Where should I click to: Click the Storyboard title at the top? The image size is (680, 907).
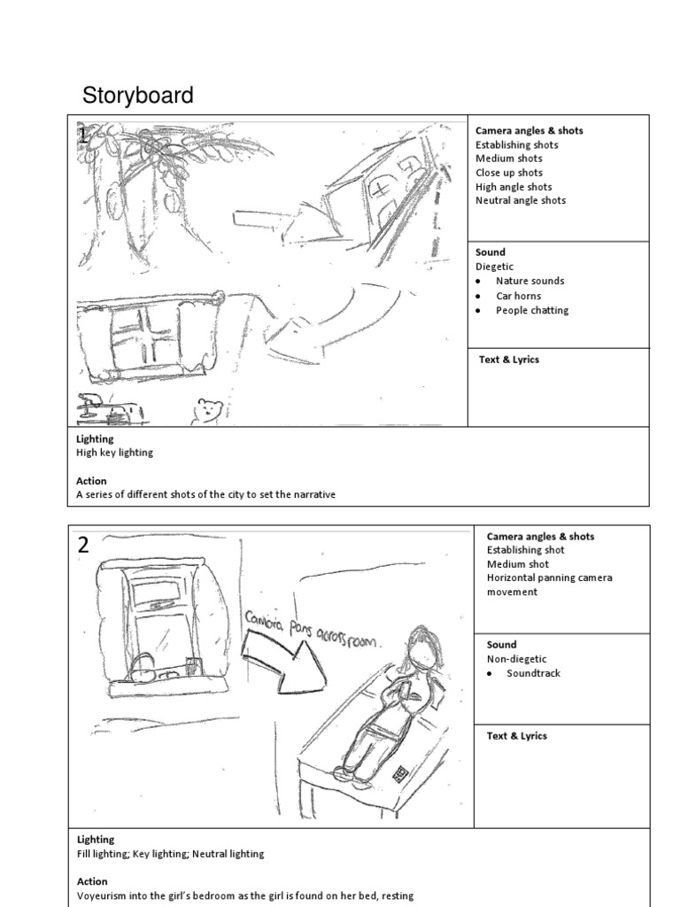coord(137,96)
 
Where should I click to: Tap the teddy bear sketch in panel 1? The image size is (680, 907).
coord(208,411)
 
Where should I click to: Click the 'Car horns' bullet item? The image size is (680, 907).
coord(518,296)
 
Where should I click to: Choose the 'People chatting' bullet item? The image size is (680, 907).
coord(532,310)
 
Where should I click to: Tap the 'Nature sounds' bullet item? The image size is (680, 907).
coord(529,281)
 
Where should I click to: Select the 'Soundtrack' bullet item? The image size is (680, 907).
coord(533,673)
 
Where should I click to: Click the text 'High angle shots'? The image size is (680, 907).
coord(514,187)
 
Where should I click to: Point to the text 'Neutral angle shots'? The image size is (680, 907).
coord(521,200)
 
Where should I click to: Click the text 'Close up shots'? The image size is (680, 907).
coord(509,173)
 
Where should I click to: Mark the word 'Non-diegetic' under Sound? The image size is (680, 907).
coord(517,659)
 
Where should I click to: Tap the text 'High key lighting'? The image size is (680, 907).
coord(114,453)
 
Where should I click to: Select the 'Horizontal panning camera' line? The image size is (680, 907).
coord(549,578)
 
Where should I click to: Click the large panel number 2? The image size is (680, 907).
coord(83,546)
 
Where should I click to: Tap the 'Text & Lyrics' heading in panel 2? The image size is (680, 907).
coord(517,736)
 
